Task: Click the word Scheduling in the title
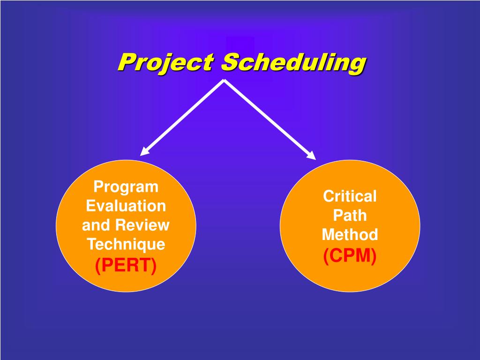[x=293, y=62]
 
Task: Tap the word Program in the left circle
[x=126, y=187]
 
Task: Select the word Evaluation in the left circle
[x=126, y=206]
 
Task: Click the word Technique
[x=126, y=244]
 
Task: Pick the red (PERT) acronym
[x=126, y=265]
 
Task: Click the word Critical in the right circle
[x=350, y=196]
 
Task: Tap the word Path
[x=350, y=216]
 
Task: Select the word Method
[x=350, y=234]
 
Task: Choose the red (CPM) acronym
[x=350, y=256]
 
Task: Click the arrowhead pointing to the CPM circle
[x=311, y=155]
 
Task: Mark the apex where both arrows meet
[x=224, y=81]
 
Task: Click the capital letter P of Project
[x=125, y=62]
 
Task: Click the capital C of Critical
[x=328, y=196]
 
